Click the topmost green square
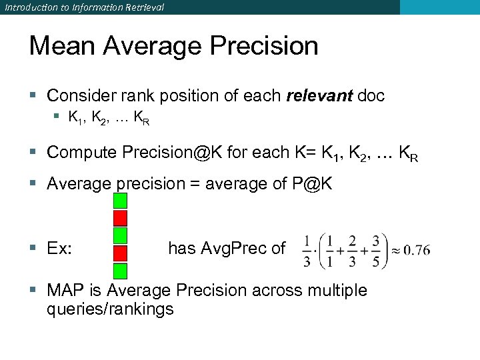(120, 201)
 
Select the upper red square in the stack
(120, 218)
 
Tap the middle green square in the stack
(120, 235)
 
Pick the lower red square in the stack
(120, 253)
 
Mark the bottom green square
(120, 270)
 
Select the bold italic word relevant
(319, 96)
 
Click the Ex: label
(60, 249)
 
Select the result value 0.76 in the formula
(417, 251)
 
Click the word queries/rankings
(110, 309)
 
